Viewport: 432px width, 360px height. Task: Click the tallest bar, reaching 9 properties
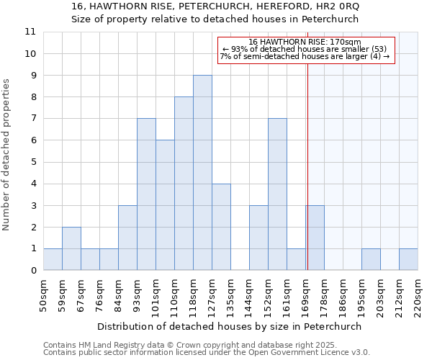coord(202,173)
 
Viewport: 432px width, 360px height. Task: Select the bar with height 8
coord(184,184)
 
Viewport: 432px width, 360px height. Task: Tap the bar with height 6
coord(165,205)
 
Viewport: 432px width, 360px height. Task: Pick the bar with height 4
coord(221,227)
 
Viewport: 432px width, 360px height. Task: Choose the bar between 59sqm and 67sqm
coord(71,248)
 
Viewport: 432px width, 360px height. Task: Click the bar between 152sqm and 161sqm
coord(277,194)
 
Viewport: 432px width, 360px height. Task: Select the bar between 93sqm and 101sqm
coord(146,194)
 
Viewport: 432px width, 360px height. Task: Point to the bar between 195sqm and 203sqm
coord(371,259)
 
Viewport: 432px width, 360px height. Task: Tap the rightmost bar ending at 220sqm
coord(408,259)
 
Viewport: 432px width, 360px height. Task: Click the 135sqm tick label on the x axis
coord(231,296)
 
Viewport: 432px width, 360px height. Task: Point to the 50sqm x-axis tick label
coord(44,296)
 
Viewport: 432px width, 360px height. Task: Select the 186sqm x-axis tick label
coord(343,296)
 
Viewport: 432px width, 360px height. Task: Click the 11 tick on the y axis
coord(30,32)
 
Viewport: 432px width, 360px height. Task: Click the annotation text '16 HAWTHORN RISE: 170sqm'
coord(305,42)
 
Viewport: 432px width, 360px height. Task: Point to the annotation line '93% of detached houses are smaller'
coord(305,49)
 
